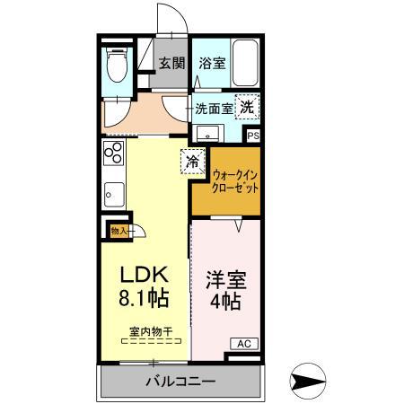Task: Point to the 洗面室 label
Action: click(214, 108)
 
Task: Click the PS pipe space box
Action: click(254, 136)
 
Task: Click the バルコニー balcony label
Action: click(180, 382)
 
